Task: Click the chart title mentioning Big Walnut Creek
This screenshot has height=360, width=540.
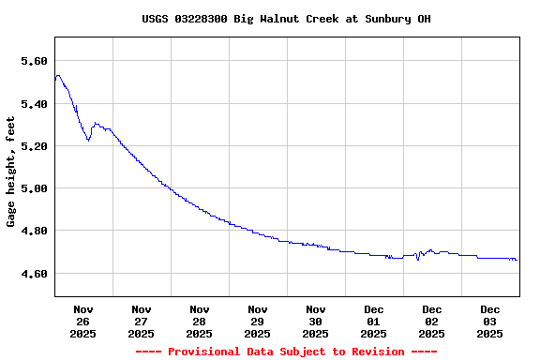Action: click(286, 19)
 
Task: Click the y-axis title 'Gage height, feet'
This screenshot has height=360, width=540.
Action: click(11, 172)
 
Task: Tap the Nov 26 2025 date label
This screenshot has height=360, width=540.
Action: click(83, 321)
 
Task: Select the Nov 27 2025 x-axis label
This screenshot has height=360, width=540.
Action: click(142, 321)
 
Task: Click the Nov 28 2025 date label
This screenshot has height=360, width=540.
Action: click(200, 321)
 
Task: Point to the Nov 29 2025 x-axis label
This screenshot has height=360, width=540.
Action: click(258, 321)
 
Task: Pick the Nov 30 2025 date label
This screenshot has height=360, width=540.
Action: click(316, 321)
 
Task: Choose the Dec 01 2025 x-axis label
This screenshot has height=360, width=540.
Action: click(374, 321)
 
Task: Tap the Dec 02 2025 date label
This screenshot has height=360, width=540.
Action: click(432, 321)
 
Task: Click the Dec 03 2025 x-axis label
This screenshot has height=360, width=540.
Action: click(490, 321)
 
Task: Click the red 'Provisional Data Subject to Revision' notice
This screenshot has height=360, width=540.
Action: click(286, 352)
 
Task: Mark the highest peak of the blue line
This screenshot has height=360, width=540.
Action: click(58, 76)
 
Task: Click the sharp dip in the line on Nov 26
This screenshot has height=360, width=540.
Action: click(88, 140)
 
